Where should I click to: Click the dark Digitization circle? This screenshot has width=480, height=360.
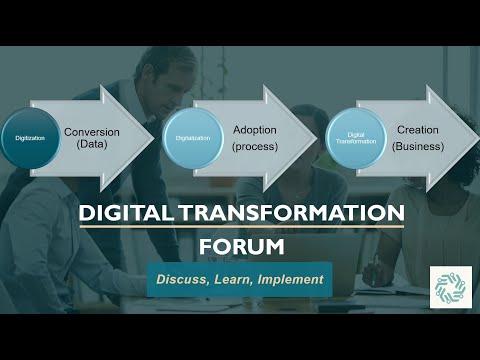pos(30,137)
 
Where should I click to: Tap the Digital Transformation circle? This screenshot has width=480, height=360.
pos(355,137)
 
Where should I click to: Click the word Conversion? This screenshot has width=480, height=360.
pos(93,130)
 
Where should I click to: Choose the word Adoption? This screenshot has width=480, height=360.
pos(255,130)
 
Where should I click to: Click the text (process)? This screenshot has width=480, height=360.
pos(254,147)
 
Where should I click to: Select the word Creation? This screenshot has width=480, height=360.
pos(417,130)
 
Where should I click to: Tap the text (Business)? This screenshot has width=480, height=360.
pos(417,147)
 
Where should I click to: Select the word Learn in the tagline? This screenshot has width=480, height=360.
pos(232,279)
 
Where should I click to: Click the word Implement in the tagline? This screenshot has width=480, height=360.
pos(290,279)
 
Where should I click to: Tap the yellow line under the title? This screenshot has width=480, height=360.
pos(240,227)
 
